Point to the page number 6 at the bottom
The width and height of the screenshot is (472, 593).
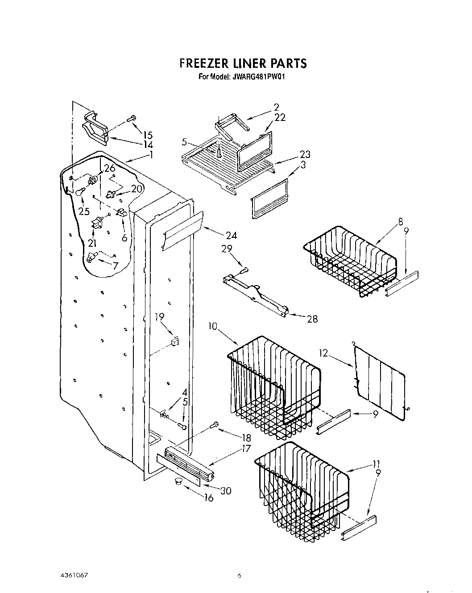pos(239,576)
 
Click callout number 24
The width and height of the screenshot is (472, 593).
pos(231,235)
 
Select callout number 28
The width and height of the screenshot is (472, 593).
pos(312,319)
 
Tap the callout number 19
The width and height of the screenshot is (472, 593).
pos(159,317)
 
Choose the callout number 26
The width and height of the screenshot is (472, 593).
pos(109,168)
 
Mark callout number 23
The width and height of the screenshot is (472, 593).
pos(305,154)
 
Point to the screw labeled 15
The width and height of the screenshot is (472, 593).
pos(132,118)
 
